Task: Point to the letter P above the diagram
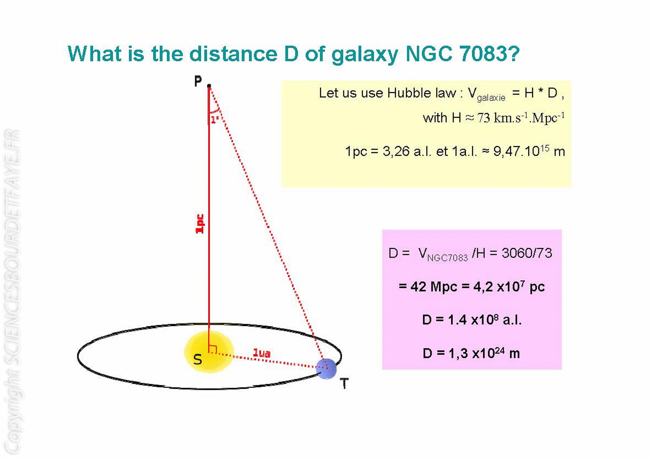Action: [198, 81]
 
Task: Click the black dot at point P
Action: [209, 86]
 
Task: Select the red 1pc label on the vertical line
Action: [200, 224]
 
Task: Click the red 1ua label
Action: [262, 353]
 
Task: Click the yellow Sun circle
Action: [209, 352]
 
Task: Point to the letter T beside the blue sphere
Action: [344, 383]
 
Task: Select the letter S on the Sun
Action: [198, 360]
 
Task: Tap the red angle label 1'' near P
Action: [215, 120]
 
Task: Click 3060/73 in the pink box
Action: [527, 253]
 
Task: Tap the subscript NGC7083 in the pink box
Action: [447, 258]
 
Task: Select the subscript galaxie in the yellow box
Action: [491, 97]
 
